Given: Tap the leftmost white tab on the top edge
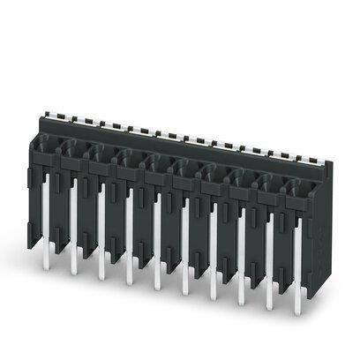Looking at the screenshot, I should tap(49, 114).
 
